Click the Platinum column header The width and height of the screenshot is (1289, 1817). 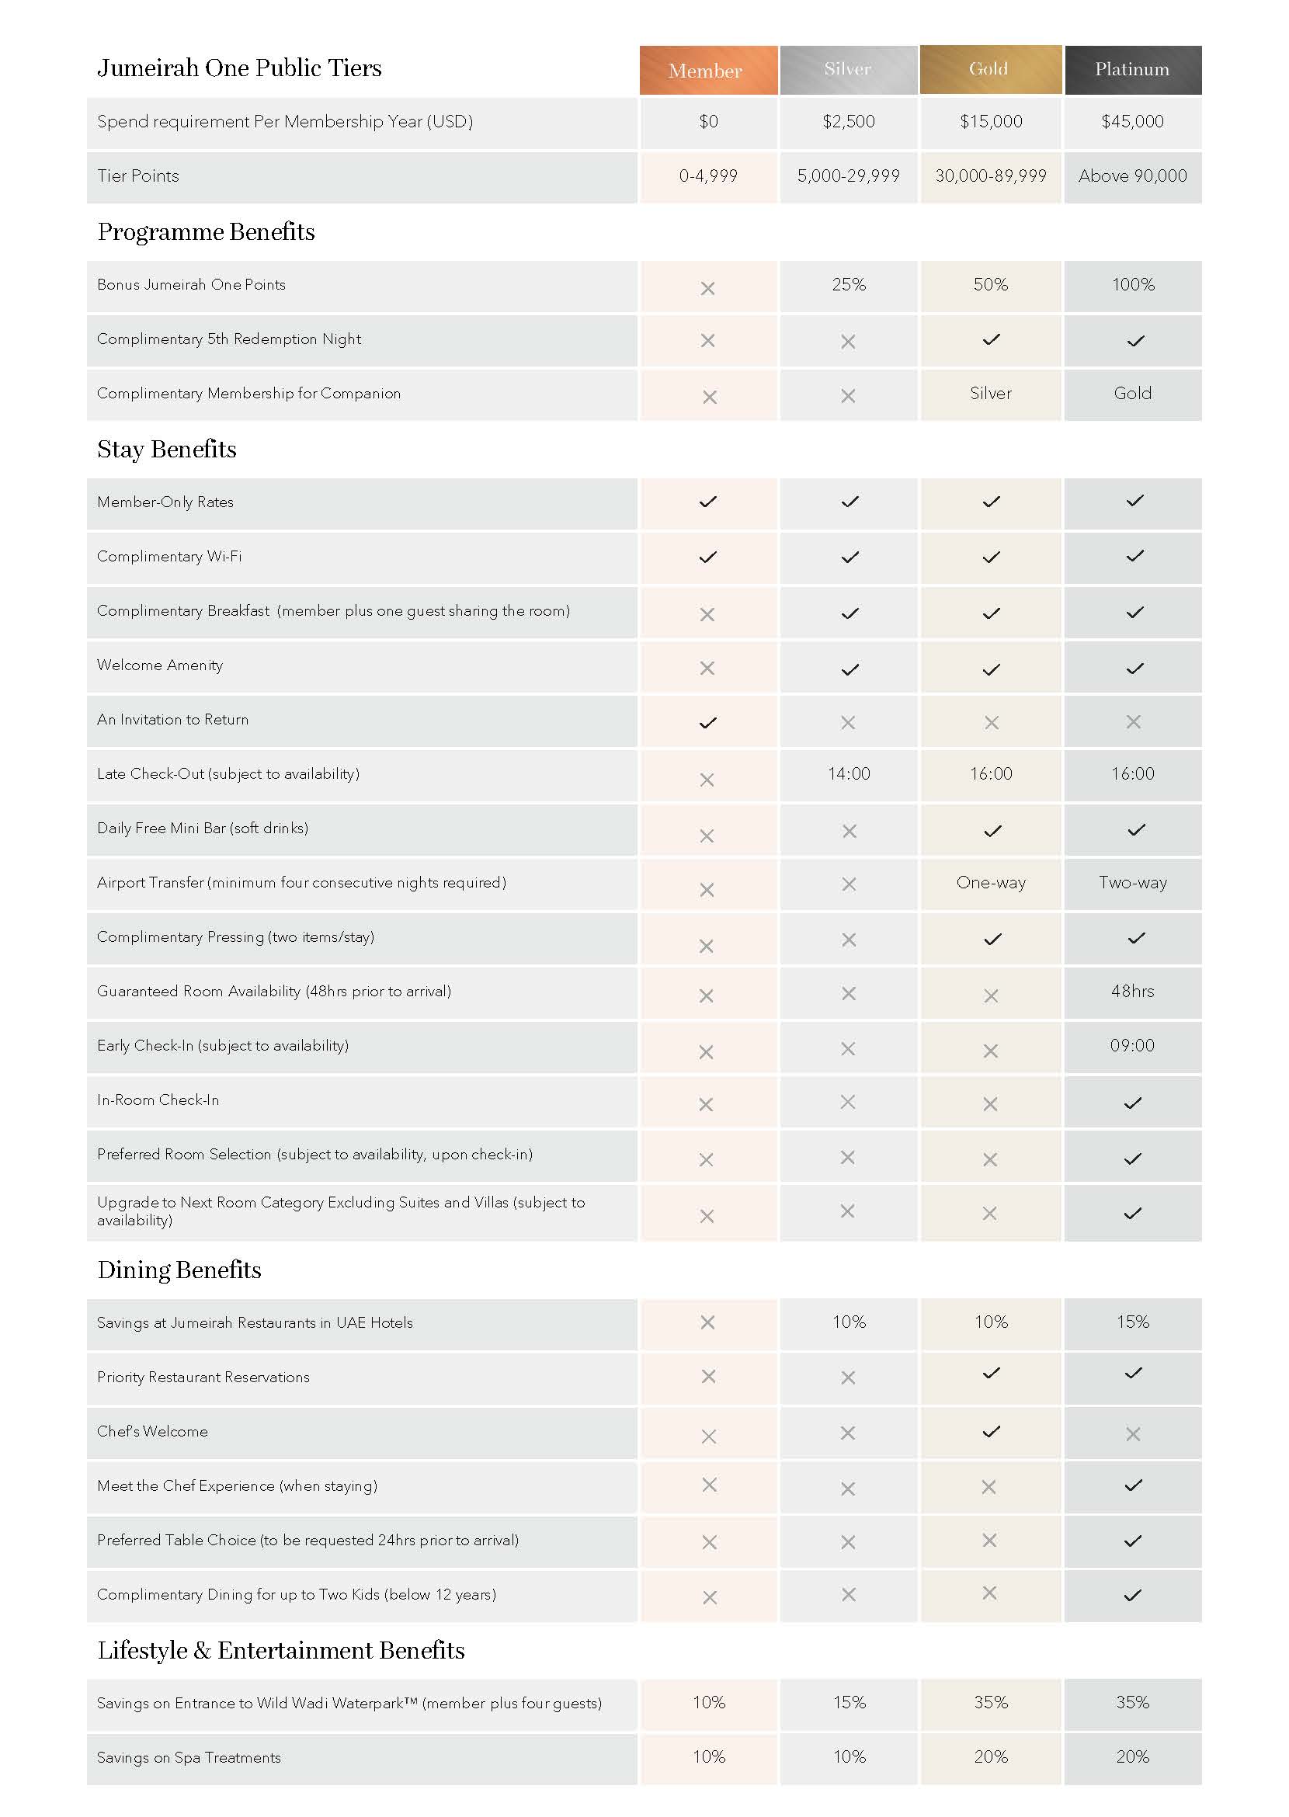(x=1132, y=70)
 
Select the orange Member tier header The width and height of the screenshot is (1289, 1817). (x=707, y=71)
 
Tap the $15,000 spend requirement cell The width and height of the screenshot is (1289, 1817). (x=991, y=121)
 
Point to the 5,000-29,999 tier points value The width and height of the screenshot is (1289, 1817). (x=848, y=176)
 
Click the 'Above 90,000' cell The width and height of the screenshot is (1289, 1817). (x=1132, y=176)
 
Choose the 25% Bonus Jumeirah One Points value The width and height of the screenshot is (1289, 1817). (x=848, y=285)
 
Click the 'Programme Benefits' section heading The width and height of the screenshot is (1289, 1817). (x=206, y=232)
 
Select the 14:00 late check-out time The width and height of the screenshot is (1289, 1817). (x=849, y=774)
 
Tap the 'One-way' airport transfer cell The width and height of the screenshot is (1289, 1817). (x=991, y=883)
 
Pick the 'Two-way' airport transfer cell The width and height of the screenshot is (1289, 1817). (x=1132, y=883)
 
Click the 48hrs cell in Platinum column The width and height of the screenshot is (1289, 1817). (x=1132, y=992)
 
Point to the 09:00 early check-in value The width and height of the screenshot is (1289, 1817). (x=1132, y=1045)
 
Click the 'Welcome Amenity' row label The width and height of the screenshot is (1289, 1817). (x=159, y=665)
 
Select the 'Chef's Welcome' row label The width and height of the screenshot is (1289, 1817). (x=152, y=1431)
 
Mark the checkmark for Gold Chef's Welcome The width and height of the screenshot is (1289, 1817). (x=991, y=1431)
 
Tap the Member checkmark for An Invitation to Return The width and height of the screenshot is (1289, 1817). (x=707, y=722)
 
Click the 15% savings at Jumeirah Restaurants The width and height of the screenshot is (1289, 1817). (x=1132, y=1322)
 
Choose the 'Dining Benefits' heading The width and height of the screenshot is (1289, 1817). (x=179, y=1270)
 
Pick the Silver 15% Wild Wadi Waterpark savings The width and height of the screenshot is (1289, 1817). (x=849, y=1702)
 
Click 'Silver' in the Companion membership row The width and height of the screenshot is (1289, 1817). (x=991, y=394)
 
